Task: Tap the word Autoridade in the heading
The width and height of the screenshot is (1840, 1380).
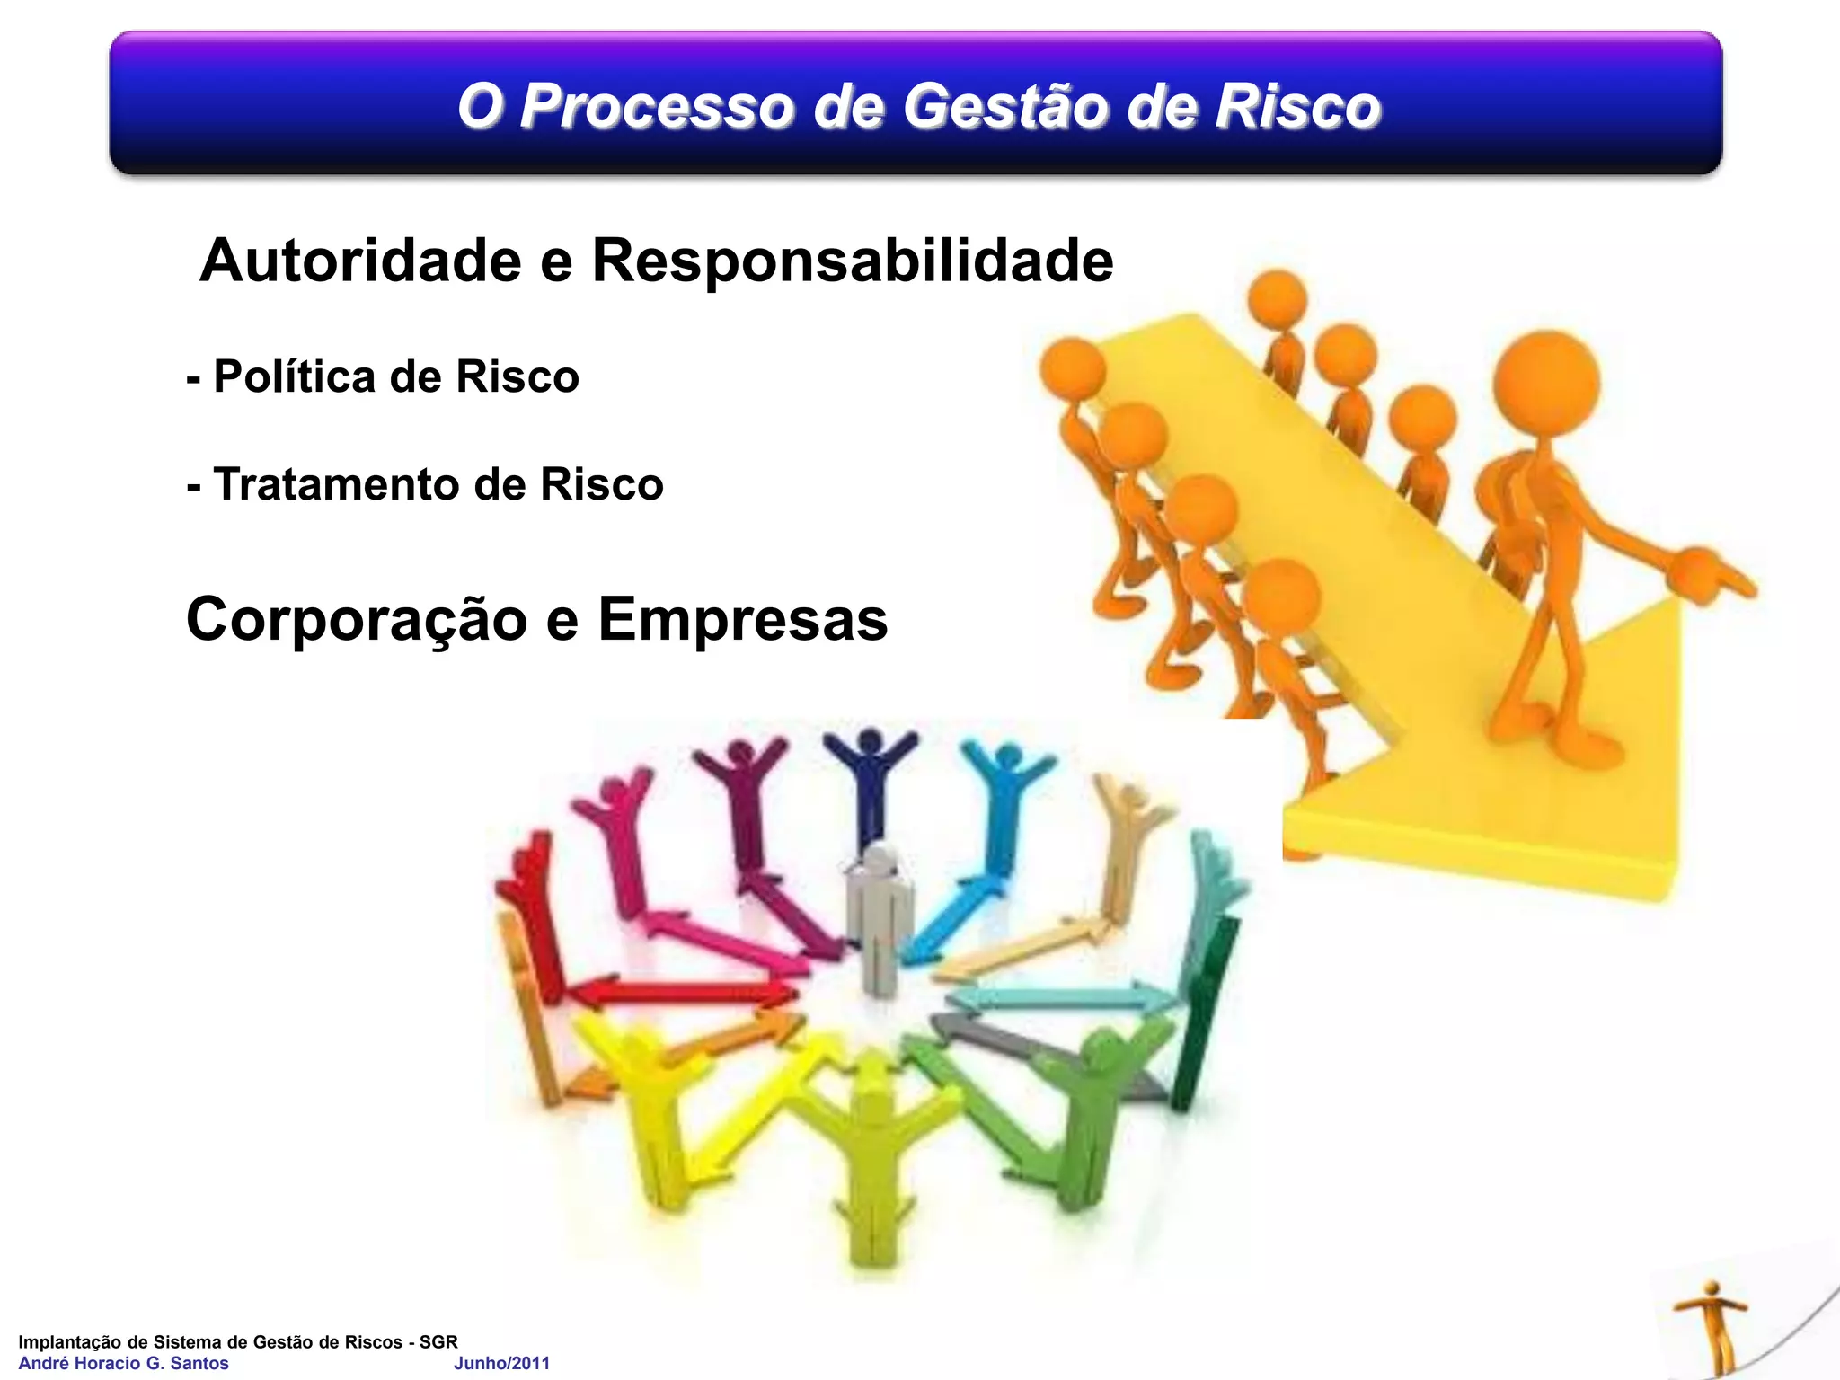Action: [360, 261]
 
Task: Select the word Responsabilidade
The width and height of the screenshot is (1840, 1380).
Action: [853, 261]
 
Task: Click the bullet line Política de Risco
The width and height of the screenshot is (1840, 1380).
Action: [384, 376]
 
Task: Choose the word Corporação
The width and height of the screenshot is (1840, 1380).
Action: [357, 620]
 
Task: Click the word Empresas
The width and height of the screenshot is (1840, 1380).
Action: [743, 620]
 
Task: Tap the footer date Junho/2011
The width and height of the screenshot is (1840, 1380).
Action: [501, 1363]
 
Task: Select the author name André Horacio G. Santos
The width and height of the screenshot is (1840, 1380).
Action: [123, 1363]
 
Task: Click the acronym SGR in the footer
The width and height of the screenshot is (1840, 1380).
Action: [438, 1341]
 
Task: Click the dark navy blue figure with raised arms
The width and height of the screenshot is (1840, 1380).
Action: [870, 782]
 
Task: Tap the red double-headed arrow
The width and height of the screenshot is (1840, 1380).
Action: [683, 993]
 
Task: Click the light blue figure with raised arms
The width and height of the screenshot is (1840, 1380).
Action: [1004, 800]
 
